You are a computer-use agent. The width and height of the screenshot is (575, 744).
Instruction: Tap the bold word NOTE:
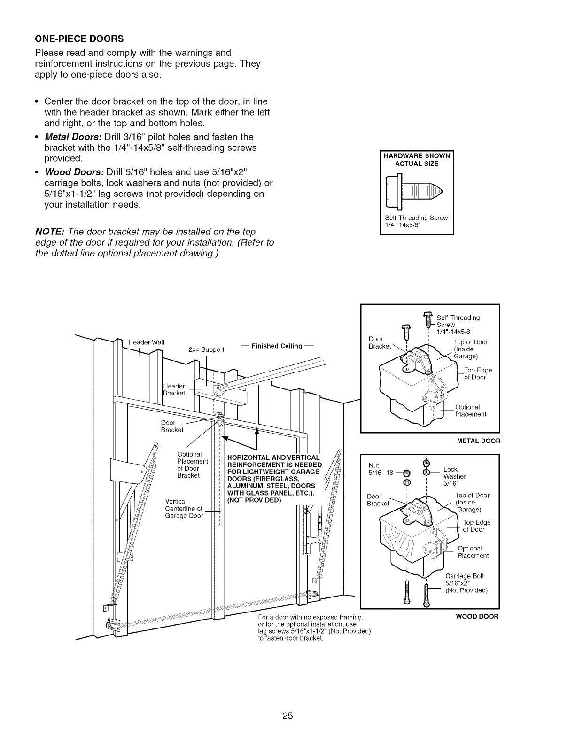point(51,232)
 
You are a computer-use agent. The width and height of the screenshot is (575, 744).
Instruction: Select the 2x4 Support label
point(206,349)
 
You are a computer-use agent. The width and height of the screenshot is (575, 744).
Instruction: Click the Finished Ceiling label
point(277,346)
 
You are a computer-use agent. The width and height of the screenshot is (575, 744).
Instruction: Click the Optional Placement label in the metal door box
point(471,411)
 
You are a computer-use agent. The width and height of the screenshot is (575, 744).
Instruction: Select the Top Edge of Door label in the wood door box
point(476,526)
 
